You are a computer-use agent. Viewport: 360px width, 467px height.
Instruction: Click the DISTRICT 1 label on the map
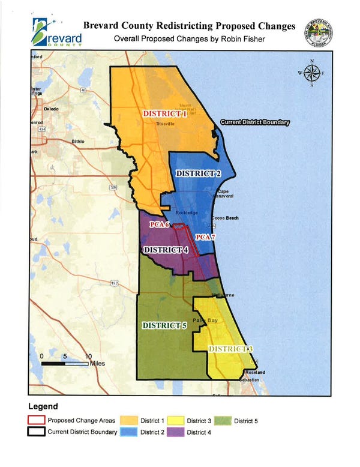[164, 113]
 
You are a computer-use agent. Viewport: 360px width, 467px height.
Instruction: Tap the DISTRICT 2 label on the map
[199, 173]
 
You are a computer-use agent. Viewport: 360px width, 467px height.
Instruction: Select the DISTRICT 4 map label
[167, 250]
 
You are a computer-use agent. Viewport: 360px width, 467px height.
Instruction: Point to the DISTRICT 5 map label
[164, 325]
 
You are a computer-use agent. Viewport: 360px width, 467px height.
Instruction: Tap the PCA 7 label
[205, 238]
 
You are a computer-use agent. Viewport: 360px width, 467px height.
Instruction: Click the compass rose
[311, 74]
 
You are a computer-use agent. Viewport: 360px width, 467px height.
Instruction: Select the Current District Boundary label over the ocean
[255, 122]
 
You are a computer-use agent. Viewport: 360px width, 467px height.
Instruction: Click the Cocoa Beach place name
[225, 217]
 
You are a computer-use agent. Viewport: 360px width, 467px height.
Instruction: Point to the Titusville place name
[164, 124]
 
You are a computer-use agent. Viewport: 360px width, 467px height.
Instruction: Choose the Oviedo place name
[51, 109]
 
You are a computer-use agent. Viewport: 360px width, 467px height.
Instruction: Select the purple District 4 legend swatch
[175, 432]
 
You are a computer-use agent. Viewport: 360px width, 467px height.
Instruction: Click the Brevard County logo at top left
[57, 33]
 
